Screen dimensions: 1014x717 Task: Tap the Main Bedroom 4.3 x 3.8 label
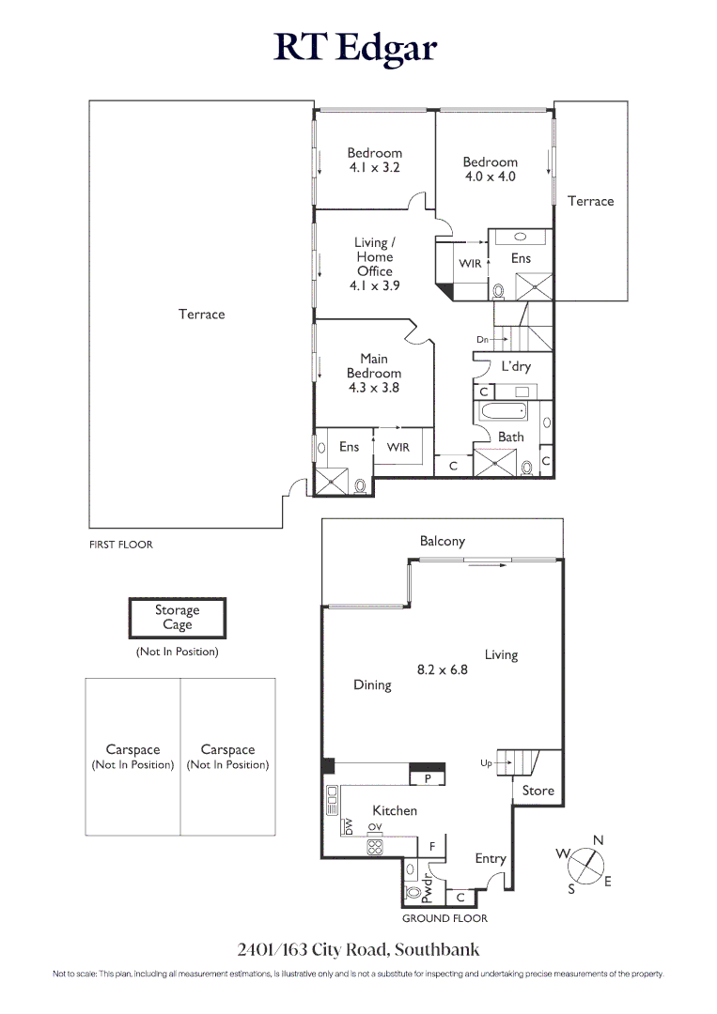373,373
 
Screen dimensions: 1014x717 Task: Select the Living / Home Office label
374,264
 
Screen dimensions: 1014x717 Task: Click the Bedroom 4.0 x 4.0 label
490,169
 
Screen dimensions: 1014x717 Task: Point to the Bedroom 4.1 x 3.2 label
374,161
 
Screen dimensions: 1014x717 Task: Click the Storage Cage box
178,618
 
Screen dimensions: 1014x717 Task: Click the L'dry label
515,366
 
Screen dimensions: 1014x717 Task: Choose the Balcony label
442,542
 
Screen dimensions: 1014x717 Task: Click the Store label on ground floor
538,791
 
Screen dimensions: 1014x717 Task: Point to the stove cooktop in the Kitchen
375,847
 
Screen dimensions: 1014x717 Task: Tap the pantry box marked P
427,778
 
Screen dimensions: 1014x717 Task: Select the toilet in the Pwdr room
412,893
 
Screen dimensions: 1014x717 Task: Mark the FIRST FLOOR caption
120,545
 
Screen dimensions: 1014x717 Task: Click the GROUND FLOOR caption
444,918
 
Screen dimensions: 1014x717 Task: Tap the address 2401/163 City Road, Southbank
358,949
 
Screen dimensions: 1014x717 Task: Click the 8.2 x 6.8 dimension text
442,670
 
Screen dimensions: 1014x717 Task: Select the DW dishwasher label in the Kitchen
348,826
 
